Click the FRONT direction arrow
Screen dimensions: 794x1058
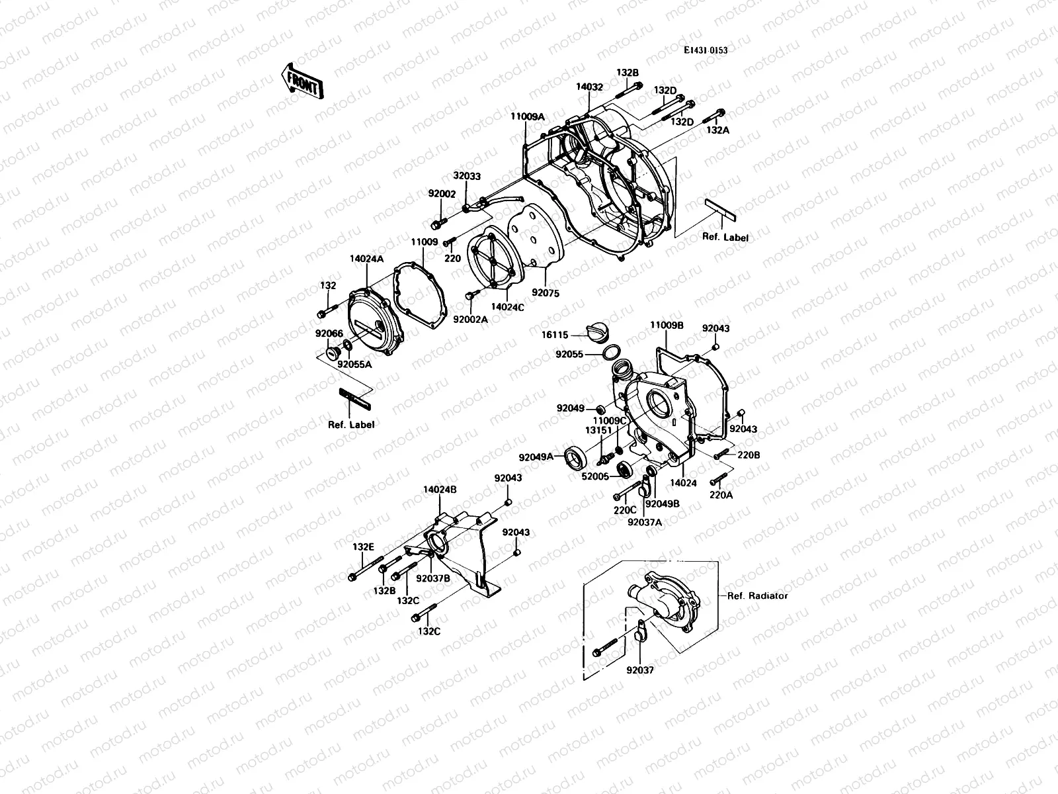click(x=301, y=81)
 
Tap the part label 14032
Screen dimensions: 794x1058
click(x=589, y=87)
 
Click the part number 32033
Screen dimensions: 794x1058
click(x=467, y=177)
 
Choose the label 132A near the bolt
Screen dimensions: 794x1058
click(x=717, y=130)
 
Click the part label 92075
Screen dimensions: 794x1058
click(x=546, y=292)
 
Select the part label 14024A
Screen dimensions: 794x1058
click(x=366, y=260)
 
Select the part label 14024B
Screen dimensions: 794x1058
click(x=440, y=490)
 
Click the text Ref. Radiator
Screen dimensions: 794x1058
click(x=757, y=595)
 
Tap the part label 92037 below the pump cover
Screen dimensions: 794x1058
click(x=640, y=670)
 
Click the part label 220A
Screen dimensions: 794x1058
click(x=721, y=494)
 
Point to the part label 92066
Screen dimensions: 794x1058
click(x=329, y=333)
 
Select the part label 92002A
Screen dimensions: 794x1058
click(x=471, y=319)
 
